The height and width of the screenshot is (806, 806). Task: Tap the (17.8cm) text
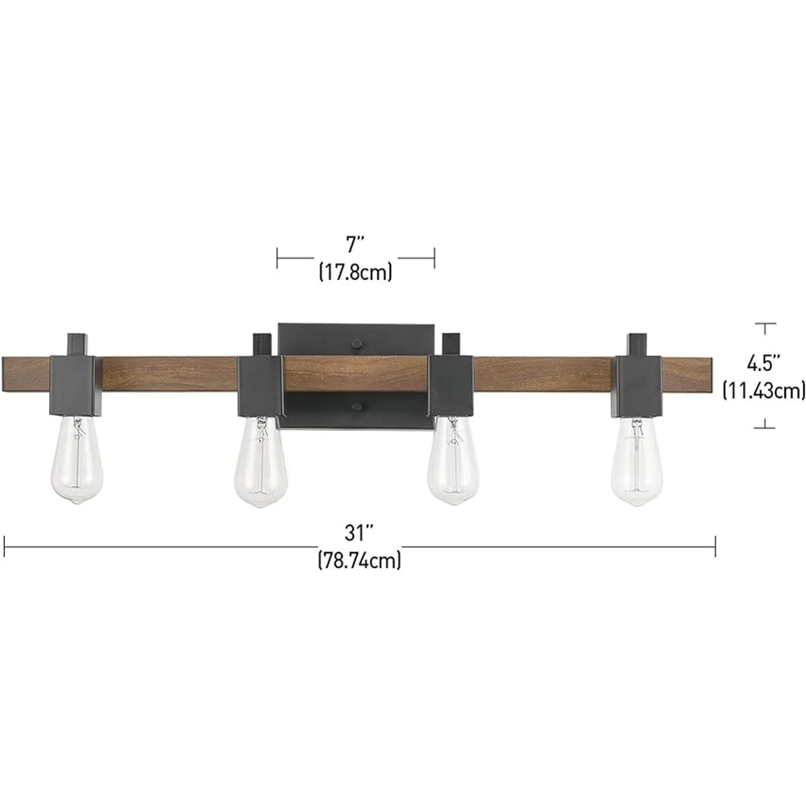point(355,272)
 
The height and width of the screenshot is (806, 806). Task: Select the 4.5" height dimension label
point(764,363)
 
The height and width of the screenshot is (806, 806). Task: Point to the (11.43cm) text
point(764,390)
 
